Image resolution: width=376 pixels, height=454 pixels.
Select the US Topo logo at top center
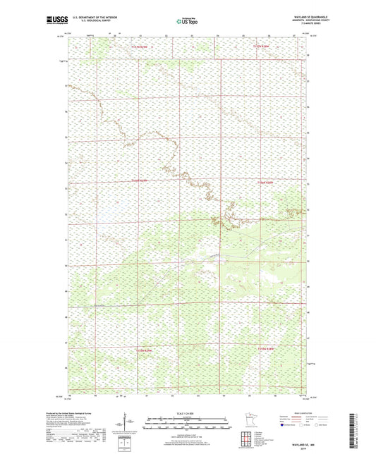pos(188,21)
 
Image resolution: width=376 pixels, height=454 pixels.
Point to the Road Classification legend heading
pos(294,413)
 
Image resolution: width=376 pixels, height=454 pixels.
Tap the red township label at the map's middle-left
pos(140,181)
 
